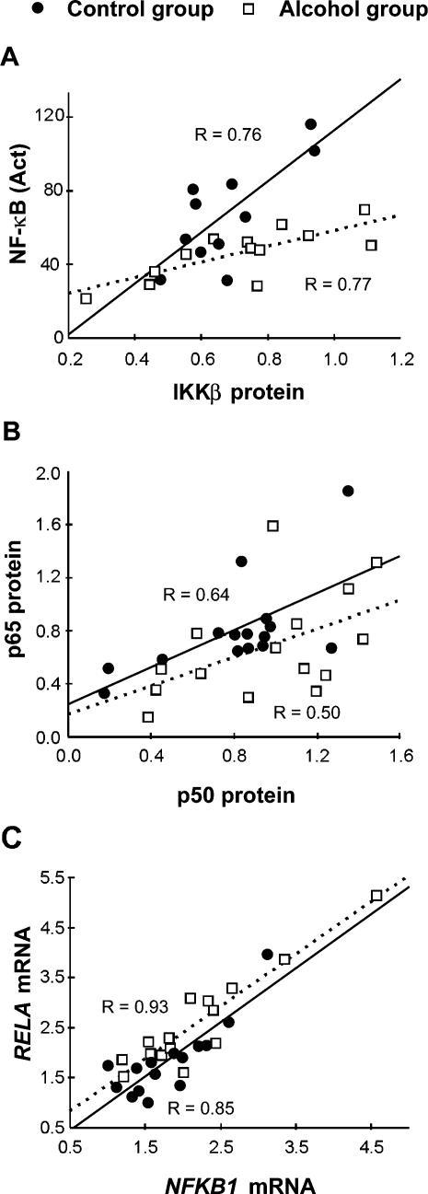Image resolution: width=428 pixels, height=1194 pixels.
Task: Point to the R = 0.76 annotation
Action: point(229,135)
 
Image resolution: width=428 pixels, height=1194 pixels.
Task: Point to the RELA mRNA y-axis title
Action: point(17,998)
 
